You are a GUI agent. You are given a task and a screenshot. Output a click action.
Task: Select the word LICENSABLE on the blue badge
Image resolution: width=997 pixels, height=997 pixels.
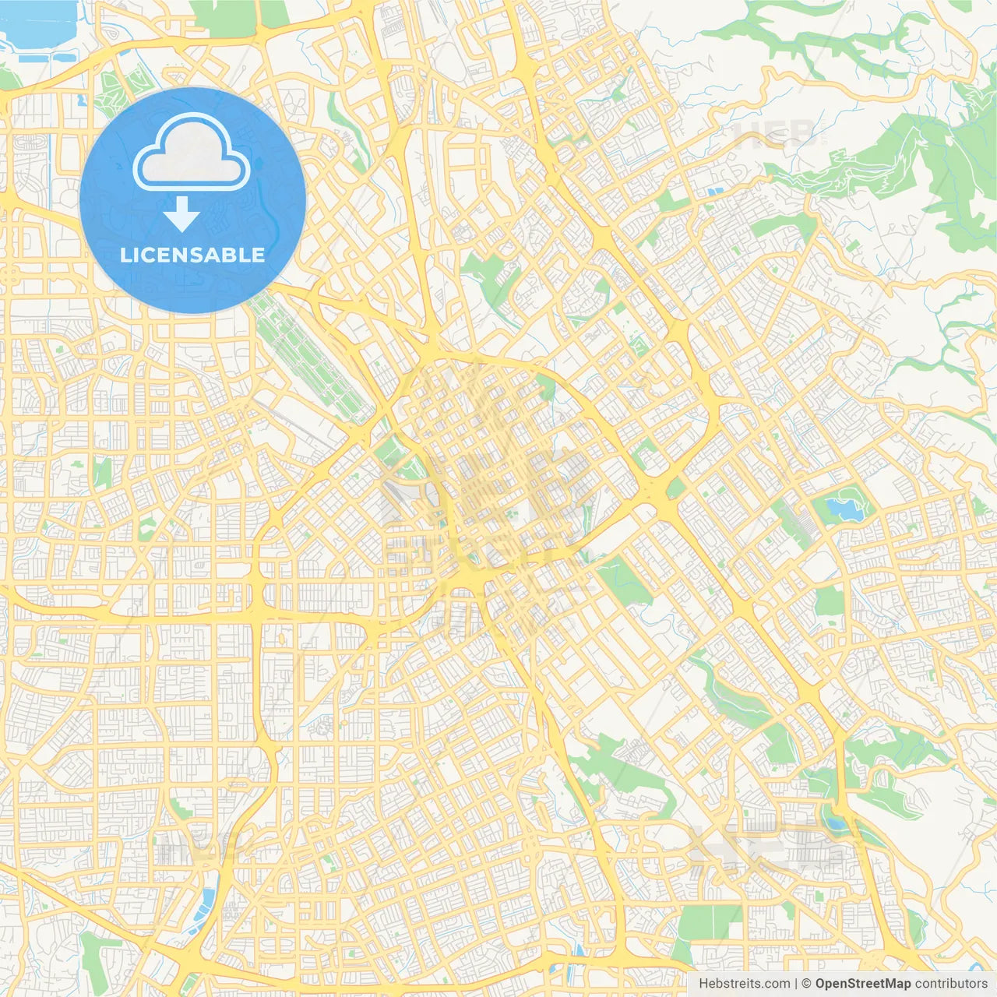192,255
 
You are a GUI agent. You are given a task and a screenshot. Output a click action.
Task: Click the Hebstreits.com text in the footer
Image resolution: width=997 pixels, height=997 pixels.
744,984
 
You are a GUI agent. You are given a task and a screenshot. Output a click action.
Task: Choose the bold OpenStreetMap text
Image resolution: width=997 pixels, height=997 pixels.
862,984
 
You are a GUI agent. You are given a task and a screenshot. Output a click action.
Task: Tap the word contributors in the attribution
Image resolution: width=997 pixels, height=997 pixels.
950,984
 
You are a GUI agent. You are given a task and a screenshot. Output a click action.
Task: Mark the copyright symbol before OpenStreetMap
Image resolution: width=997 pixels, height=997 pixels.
807,984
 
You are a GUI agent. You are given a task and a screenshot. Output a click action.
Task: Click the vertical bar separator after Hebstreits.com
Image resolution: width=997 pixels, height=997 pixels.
795,984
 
